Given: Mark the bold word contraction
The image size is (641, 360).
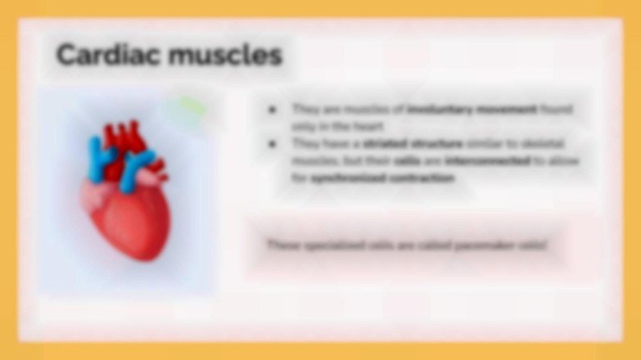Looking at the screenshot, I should [x=423, y=178].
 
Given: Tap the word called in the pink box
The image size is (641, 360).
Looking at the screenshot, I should [x=433, y=245].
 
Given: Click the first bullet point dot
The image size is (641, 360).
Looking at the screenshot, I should [x=272, y=110].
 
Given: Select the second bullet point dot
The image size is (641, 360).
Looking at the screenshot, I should [x=272, y=144].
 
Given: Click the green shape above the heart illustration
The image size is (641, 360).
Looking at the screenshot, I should [x=192, y=107].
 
